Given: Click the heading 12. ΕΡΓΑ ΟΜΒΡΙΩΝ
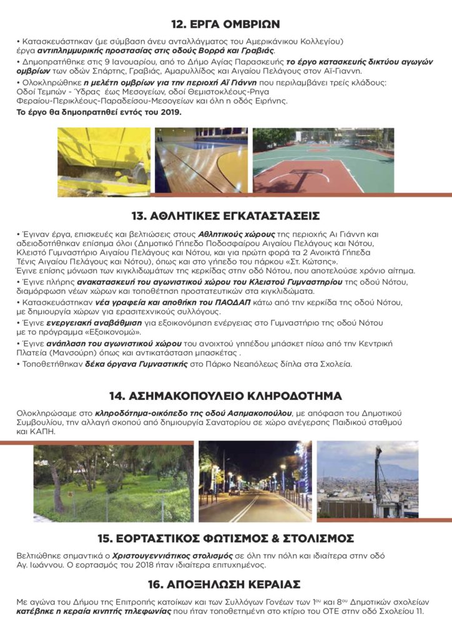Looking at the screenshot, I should pyautogui.click(x=226, y=25).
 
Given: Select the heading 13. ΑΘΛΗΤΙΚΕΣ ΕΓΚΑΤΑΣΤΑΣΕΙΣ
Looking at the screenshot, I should pyautogui.click(x=226, y=217).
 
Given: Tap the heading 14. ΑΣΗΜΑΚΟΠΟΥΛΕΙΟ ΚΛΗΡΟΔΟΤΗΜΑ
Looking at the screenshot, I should pyautogui.click(x=226, y=396).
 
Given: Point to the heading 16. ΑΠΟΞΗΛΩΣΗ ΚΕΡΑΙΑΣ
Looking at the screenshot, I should pyautogui.click(x=226, y=584).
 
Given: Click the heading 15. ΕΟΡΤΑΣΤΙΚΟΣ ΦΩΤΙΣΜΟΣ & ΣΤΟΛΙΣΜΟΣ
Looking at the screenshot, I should pyautogui.click(x=226, y=538).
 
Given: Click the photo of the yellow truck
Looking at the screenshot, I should pyautogui.click(x=104, y=161).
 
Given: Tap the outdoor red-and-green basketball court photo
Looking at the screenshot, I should pyautogui.click(x=323, y=161).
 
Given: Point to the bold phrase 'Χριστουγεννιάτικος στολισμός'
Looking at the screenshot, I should pyautogui.click(x=154, y=555).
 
